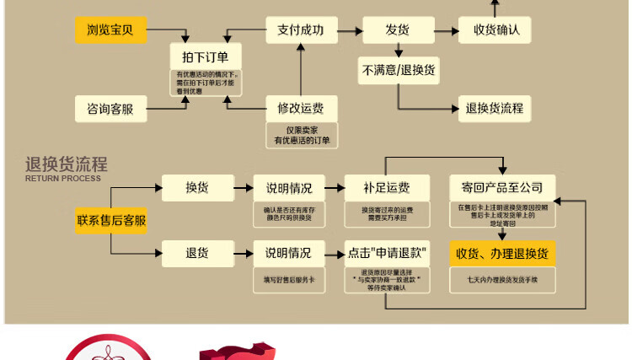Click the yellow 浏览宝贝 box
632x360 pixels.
tap(110, 31)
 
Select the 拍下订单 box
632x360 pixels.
tap(206, 57)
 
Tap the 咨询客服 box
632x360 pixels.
tap(110, 109)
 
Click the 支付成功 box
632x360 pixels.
tap(300, 30)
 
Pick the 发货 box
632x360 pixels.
tap(398, 30)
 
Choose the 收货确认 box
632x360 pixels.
tap(496, 30)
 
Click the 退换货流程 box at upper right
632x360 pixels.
tap(495, 108)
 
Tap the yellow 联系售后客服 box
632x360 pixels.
tap(111, 221)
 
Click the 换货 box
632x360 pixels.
tap(197, 187)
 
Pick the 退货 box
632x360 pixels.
tap(197, 252)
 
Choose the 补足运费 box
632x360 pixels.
tap(387, 187)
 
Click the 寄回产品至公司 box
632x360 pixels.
tap(502, 187)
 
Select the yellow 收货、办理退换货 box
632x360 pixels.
tap(502, 253)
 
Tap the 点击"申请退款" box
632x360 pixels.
tap(387, 253)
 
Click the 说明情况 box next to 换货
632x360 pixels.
tap(289, 187)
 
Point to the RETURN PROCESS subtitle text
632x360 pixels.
tap(63, 179)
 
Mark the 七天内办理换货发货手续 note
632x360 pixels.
tap(502, 279)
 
